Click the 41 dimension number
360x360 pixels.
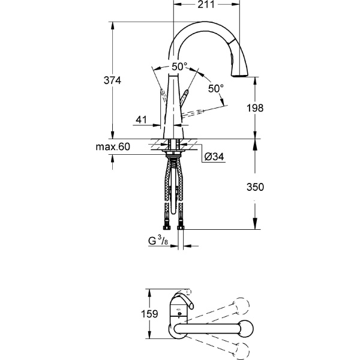(142, 120)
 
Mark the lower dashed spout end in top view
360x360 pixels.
(242, 349)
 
